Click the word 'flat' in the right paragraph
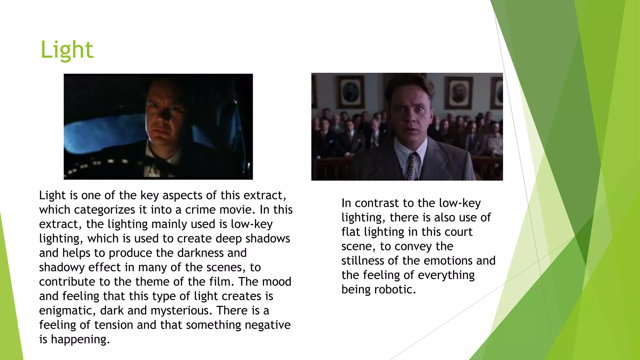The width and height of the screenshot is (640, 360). pos(351,232)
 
